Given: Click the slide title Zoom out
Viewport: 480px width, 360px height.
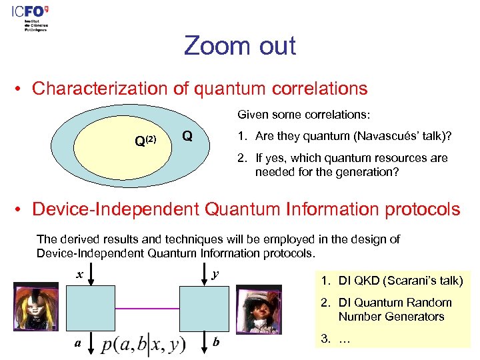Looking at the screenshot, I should pyautogui.click(x=240, y=46).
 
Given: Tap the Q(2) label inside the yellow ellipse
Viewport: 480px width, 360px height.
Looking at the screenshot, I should pyautogui.click(x=145, y=141).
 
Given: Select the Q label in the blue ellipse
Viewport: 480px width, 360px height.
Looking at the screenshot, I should pyautogui.click(x=187, y=136).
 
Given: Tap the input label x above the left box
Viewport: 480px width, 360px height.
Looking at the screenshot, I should pyautogui.click(x=79, y=274).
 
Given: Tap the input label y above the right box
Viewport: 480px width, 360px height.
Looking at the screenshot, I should pyautogui.click(x=215, y=274).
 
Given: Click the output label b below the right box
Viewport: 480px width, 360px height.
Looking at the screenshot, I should pyautogui.click(x=215, y=343).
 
